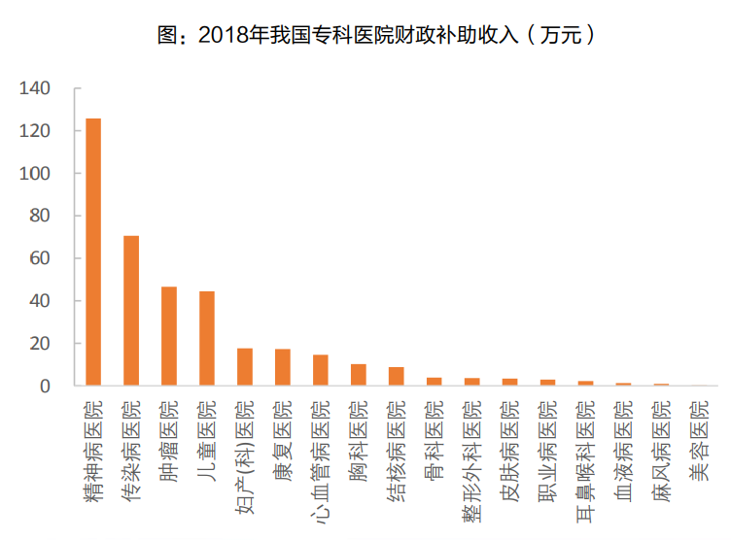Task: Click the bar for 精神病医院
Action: pos(93,253)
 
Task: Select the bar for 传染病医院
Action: pos(131,311)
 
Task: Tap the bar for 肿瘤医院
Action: pos(169,336)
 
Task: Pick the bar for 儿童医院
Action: pos(207,339)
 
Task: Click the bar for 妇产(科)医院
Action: pos(245,367)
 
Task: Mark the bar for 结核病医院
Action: pos(397,377)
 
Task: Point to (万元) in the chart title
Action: pos(562,36)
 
